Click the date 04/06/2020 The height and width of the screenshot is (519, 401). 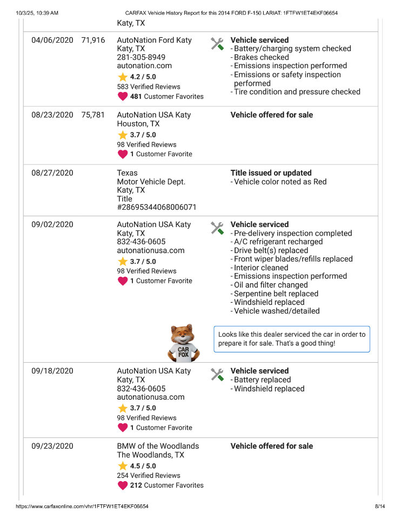pos(52,40)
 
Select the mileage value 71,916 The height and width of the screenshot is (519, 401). pos(93,40)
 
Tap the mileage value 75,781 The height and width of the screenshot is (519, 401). pos(93,115)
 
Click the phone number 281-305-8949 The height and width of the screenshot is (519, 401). pos(141,57)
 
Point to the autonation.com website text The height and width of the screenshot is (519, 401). pos(144,66)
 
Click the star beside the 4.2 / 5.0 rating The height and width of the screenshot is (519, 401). pos(123,77)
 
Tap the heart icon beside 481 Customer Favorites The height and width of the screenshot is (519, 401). pos(123,96)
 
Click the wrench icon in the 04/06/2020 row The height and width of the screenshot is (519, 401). pos(217,44)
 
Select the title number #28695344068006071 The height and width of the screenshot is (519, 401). pos(157,207)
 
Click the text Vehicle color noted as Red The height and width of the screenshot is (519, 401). pos(280,182)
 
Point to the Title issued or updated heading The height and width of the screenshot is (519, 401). pos(271,173)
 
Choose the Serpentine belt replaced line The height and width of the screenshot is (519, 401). pos(276,294)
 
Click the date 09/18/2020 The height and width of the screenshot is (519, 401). pos(52,371)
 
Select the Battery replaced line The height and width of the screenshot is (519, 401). pos(263,380)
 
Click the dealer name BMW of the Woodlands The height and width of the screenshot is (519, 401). pos(158,446)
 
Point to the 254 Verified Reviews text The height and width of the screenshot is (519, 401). pos(149,475)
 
